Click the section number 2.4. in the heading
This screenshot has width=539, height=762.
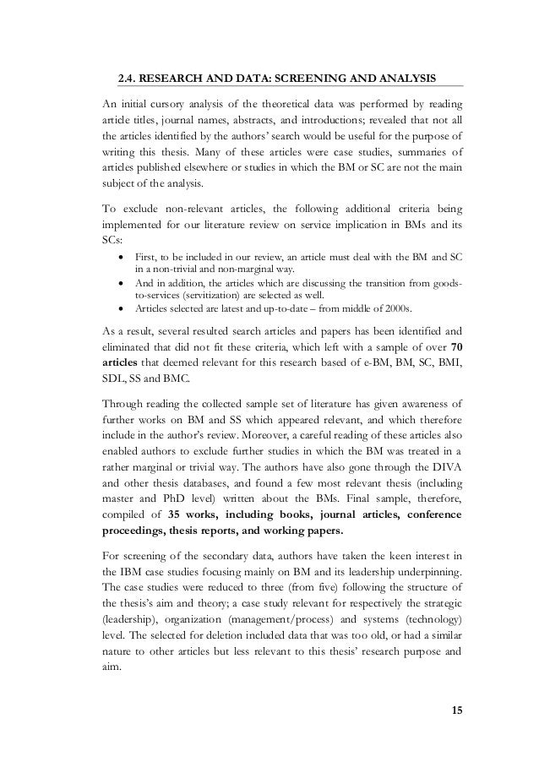point(127,79)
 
